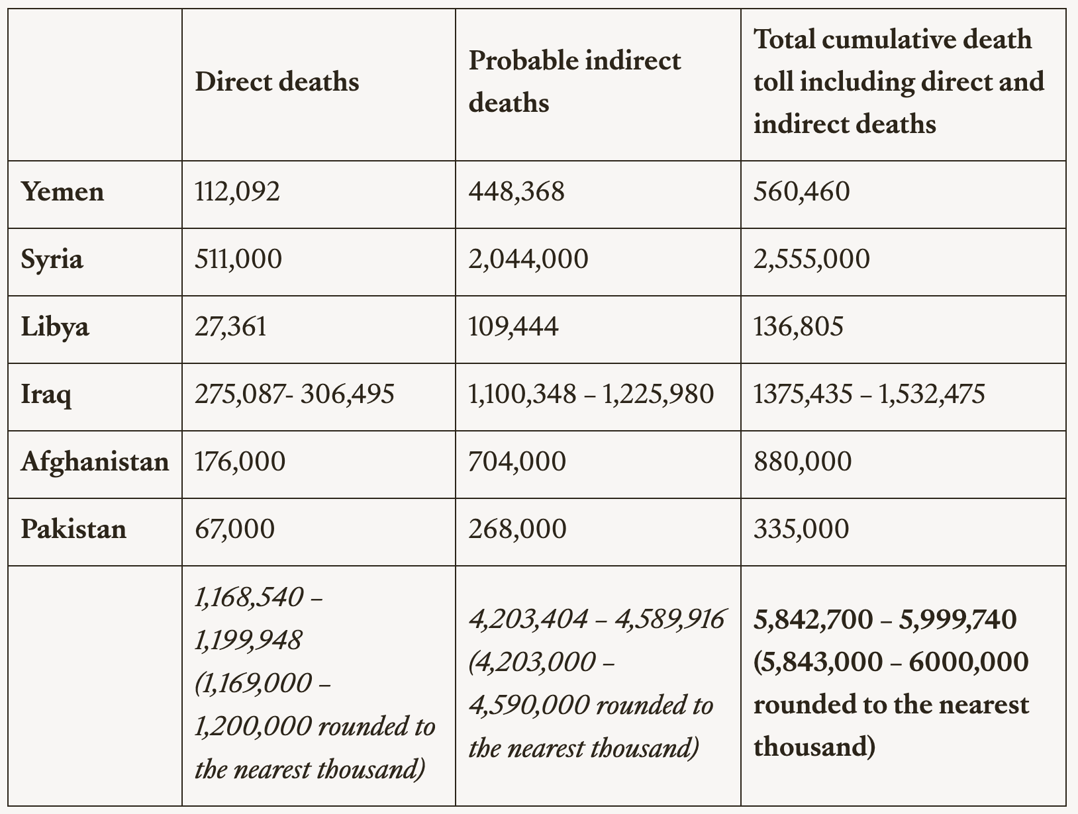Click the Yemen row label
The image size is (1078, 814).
point(62,192)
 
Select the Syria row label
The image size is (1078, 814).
point(52,259)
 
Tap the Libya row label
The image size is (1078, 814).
point(55,326)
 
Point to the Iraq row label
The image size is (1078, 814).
point(46,394)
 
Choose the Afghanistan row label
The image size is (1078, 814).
point(95,461)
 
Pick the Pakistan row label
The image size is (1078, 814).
point(73,529)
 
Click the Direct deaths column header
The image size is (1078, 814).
point(277,81)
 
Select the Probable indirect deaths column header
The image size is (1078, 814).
point(574,81)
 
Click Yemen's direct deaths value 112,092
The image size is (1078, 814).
point(237,192)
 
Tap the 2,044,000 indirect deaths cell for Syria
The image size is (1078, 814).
point(528,259)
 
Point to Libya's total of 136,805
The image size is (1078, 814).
point(798,326)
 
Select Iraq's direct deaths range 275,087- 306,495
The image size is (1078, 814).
point(294,394)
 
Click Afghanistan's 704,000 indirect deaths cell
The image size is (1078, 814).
point(516,461)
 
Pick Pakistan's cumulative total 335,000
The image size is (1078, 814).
point(801,529)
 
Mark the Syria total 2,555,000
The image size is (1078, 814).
point(811,259)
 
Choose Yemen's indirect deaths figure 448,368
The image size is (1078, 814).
point(516,192)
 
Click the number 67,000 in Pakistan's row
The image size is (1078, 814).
point(234,529)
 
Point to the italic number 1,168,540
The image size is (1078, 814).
point(249,598)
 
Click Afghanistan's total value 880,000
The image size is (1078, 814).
point(802,461)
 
